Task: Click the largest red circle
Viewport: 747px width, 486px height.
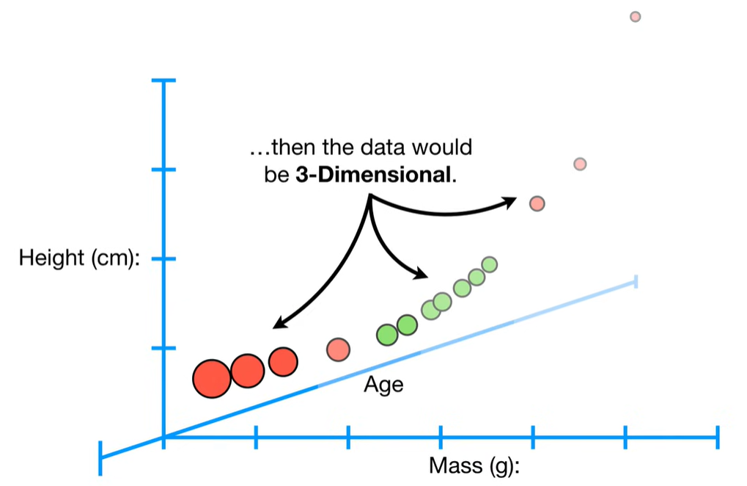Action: [212, 378]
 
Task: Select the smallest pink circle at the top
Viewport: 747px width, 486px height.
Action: [636, 17]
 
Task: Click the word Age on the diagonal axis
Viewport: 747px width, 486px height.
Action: [383, 385]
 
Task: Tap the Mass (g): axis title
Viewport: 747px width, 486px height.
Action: [474, 465]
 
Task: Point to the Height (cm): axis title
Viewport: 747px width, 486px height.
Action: [79, 259]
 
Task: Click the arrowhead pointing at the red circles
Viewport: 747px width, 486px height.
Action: [277, 325]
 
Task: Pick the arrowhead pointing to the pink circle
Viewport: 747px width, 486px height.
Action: [513, 200]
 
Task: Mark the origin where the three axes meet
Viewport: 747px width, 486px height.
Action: [164, 437]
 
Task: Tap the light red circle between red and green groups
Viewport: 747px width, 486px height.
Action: [338, 350]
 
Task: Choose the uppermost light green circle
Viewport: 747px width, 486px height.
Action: [490, 264]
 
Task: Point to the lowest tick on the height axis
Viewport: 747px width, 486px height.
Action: [164, 348]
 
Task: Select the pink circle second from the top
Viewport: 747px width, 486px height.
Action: [580, 163]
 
